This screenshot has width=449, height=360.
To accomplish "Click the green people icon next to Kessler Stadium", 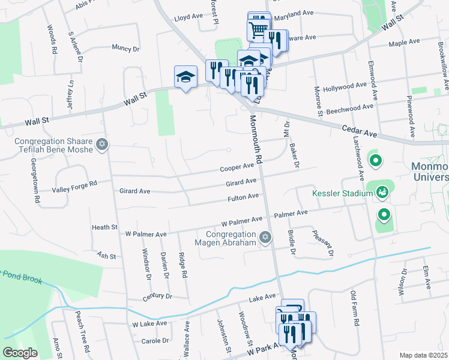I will [x=381, y=192].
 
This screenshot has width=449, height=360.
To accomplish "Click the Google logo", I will [x=19, y=353].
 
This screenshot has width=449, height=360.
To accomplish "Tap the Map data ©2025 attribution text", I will [x=424, y=355].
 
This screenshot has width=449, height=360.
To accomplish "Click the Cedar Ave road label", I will [x=358, y=128].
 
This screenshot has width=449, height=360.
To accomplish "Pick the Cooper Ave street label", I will [x=237, y=167].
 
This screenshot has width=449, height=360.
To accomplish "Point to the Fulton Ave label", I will [x=243, y=197].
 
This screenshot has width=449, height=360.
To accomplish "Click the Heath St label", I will [x=104, y=227].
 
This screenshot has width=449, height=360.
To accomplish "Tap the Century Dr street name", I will [x=157, y=296].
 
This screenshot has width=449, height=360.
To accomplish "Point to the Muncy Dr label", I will [x=125, y=48].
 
